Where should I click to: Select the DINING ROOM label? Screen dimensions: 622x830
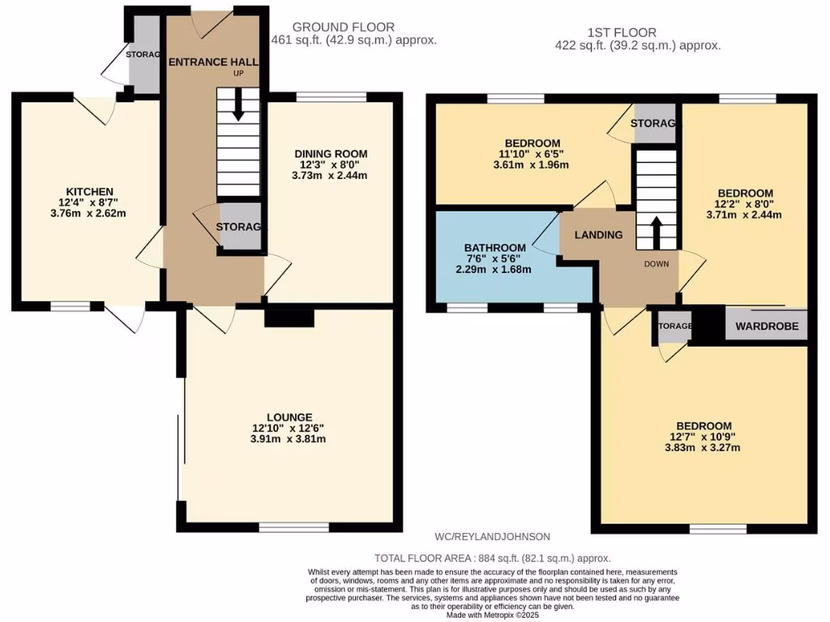(x=331, y=154)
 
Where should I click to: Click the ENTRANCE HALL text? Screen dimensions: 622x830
(x=212, y=62)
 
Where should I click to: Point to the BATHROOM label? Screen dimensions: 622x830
(x=494, y=247)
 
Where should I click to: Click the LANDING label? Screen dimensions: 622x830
(x=598, y=235)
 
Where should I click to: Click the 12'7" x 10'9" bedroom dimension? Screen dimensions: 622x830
(x=704, y=437)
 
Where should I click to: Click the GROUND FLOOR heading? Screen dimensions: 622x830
(x=333, y=27)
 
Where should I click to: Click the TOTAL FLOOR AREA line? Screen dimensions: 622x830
(x=492, y=558)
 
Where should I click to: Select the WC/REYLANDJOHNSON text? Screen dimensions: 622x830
(x=492, y=536)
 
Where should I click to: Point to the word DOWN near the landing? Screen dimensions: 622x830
(x=657, y=264)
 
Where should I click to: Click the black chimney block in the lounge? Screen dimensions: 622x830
(x=289, y=317)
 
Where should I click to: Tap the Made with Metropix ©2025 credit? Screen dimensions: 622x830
(x=492, y=615)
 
